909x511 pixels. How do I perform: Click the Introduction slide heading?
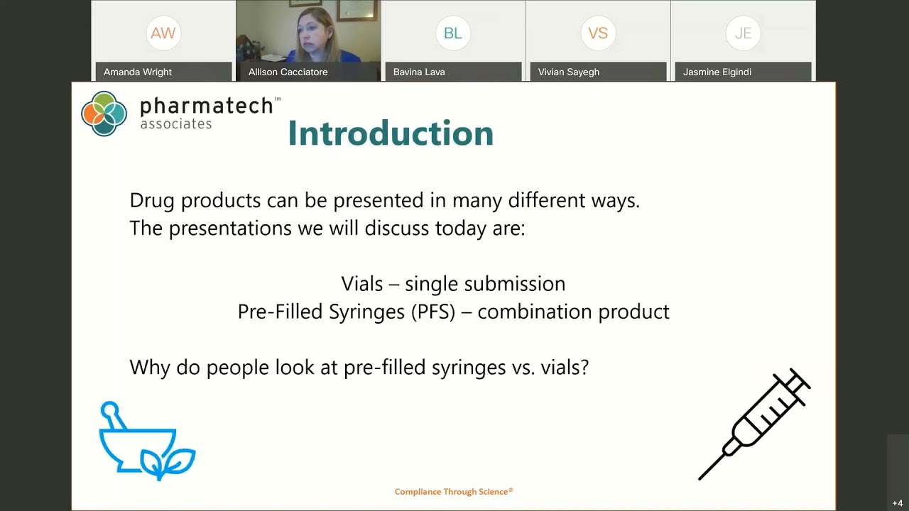391,133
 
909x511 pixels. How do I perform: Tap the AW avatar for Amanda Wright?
163,33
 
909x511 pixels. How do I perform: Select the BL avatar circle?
452,33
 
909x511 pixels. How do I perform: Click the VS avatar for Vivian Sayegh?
597,33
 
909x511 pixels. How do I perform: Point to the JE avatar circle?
743,33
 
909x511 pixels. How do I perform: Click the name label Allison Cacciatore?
288,72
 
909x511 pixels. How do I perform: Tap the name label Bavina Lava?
419,72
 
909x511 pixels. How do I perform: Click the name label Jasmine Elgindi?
717,72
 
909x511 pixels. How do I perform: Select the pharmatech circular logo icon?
104,114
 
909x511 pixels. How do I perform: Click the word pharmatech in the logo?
206,106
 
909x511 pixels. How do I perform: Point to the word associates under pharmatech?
176,124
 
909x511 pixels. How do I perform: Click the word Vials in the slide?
362,284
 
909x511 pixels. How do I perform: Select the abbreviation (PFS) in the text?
432,312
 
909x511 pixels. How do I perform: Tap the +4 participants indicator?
898,503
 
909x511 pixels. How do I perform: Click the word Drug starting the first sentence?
152,201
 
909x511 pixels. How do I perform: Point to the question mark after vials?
584,368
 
